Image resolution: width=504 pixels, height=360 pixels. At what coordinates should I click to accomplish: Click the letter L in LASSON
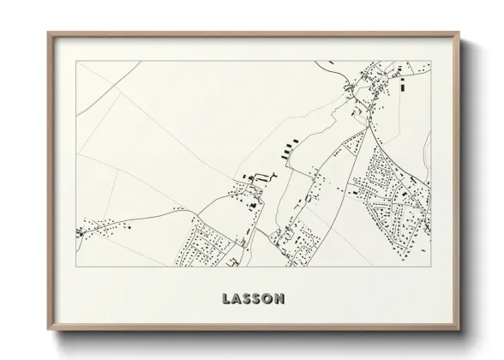(x=225, y=299)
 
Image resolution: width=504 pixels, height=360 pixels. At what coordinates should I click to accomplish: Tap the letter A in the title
(x=237, y=299)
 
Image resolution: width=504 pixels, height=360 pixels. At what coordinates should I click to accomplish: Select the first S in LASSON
(x=248, y=299)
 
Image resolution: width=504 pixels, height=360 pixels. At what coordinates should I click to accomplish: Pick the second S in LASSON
(x=259, y=299)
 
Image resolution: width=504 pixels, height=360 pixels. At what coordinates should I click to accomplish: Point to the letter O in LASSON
(x=270, y=299)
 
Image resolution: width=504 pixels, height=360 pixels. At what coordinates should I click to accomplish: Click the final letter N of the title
(x=282, y=299)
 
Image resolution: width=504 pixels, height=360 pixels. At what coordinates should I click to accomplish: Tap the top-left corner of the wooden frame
(x=48, y=33)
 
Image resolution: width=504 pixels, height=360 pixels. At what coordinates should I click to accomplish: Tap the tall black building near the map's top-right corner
(x=402, y=83)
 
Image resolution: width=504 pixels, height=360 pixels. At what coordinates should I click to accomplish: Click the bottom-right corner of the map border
(x=431, y=267)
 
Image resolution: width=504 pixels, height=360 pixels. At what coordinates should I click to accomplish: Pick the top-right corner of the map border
(x=431, y=62)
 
